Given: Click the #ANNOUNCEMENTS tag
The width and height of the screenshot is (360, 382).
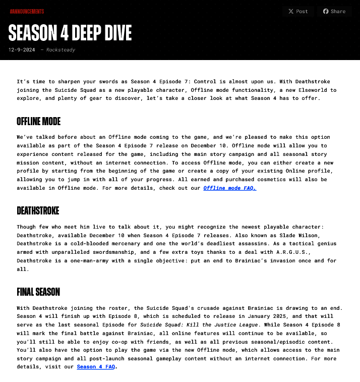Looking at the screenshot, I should pos(27,11).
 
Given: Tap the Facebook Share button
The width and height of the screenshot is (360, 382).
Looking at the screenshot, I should pos(334,11).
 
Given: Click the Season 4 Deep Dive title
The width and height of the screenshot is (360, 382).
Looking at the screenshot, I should pos(70,33).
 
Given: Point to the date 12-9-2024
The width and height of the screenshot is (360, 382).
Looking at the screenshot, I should pos(22,49).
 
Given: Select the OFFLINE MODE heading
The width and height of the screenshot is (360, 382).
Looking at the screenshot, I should pos(38,121).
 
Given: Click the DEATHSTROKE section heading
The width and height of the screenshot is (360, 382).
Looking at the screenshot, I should pos(38,210).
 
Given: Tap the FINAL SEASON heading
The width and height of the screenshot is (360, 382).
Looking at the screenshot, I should pos(38,292).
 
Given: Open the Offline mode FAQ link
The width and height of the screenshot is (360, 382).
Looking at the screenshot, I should pos(229,188).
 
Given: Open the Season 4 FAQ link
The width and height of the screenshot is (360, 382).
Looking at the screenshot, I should pos(96,367).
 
